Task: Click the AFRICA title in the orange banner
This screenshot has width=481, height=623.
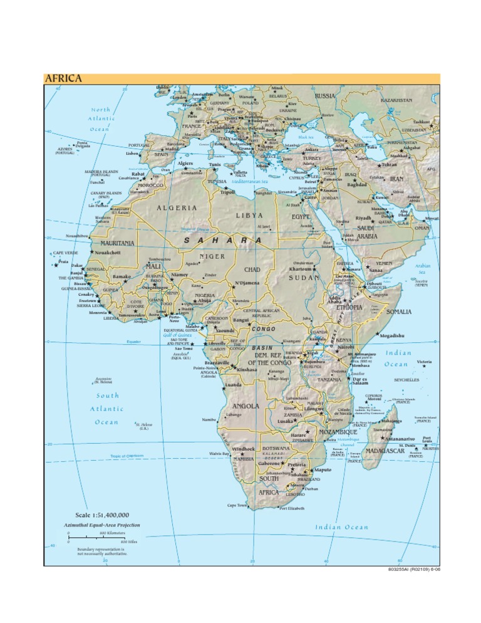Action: tap(63, 79)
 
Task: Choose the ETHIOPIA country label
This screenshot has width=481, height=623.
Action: tap(349, 308)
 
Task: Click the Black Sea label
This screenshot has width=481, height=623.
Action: tap(306, 137)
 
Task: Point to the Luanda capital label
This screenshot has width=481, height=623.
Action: tap(233, 385)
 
